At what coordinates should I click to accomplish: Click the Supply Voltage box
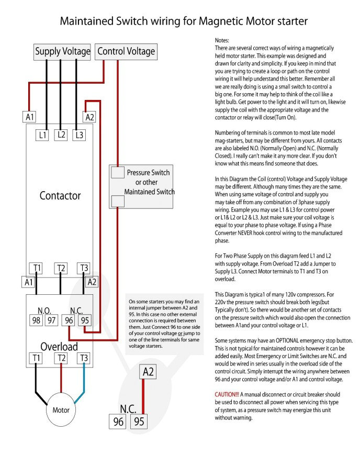pos(62,51)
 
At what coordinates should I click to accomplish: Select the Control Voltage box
pos(127,51)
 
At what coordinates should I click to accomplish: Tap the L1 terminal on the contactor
pos(43,135)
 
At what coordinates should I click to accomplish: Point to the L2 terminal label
pos(61,135)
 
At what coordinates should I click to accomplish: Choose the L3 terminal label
pos(78,135)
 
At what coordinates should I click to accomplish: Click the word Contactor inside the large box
pos(60,196)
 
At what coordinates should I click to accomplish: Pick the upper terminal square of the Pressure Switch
pos(118,172)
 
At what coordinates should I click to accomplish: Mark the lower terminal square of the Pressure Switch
pos(118,201)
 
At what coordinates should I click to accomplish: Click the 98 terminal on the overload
pos(36,320)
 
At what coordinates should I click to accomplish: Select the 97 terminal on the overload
pos(51,320)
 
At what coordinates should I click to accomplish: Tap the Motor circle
pos(61,409)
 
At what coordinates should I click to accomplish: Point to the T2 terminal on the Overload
pos(61,358)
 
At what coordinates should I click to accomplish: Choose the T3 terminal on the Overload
pos(83,358)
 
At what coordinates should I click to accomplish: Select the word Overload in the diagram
pos(59,346)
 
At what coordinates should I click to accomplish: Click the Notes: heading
pos(222,40)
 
